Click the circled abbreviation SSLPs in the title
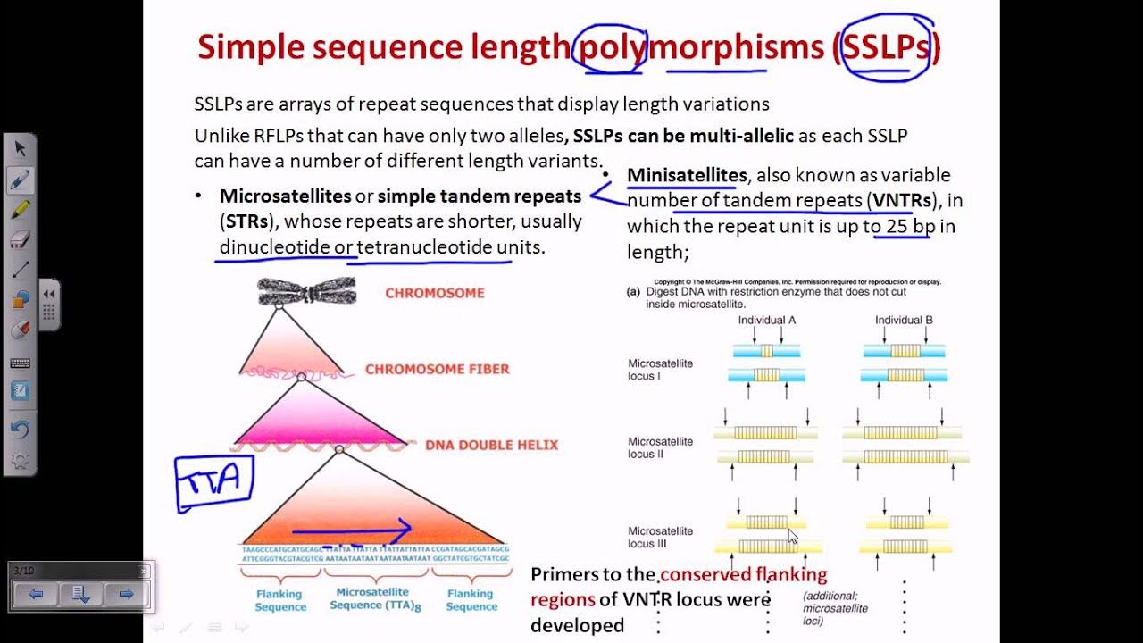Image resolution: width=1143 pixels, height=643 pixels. click(886, 47)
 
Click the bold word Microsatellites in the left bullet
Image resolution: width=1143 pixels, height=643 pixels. click(285, 196)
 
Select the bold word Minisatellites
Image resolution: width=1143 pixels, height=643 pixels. click(687, 175)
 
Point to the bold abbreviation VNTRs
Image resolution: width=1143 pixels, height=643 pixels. click(903, 200)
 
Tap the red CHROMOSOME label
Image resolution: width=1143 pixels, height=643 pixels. click(435, 293)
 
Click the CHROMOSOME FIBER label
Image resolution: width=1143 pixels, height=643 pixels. click(437, 369)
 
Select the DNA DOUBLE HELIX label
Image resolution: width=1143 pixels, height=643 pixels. click(491, 445)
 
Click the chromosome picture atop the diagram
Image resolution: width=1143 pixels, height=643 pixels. click(307, 291)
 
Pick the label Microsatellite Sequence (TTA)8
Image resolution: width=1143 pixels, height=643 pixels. click(372, 598)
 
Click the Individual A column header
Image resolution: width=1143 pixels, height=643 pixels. click(767, 321)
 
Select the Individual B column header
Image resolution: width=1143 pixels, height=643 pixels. click(904, 321)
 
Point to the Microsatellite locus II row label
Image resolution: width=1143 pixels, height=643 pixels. click(661, 447)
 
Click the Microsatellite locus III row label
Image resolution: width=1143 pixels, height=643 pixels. click(661, 537)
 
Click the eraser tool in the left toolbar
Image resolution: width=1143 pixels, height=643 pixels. click(21, 239)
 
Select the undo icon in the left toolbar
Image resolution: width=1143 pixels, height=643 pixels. click(21, 429)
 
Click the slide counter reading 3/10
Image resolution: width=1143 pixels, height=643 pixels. click(24, 571)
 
